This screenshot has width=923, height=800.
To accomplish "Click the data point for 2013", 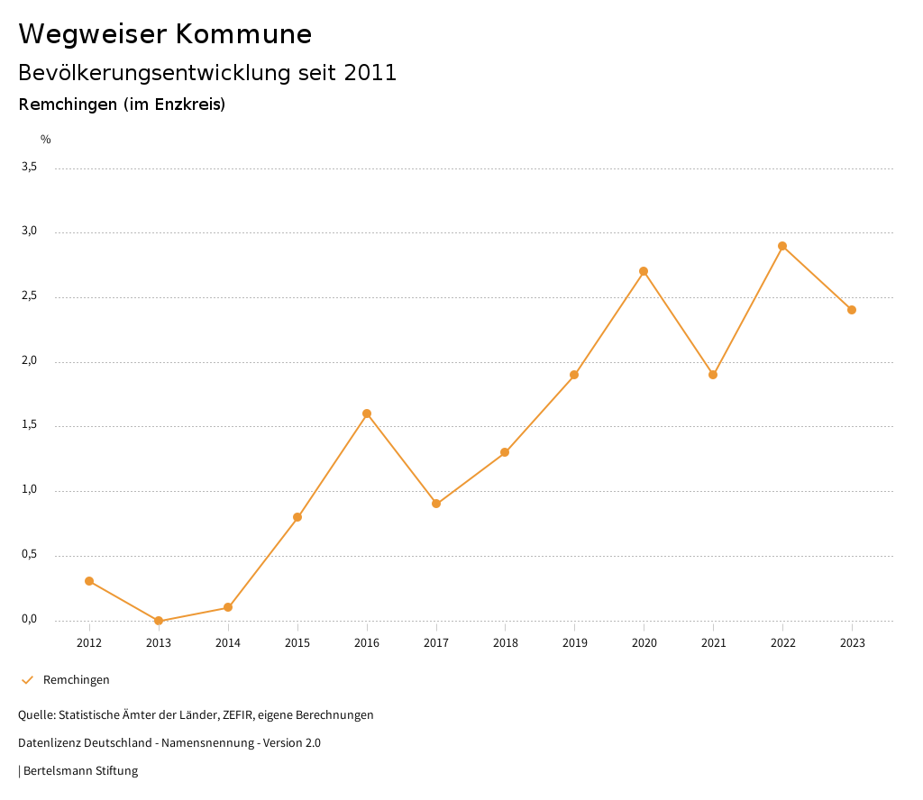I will (x=159, y=621).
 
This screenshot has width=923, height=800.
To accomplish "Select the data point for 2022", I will (x=782, y=246).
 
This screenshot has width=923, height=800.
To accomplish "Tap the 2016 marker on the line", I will (x=367, y=414).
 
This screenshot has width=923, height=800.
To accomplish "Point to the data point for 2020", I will (x=644, y=271).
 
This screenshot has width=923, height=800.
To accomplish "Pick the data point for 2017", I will (x=436, y=504).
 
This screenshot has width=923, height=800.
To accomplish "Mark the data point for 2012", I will (x=89, y=581).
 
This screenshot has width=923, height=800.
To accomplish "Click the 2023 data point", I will (x=852, y=310).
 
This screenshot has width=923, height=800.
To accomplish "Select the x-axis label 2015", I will (x=297, y=643).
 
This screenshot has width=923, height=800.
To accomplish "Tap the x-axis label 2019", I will (x=574, y=643).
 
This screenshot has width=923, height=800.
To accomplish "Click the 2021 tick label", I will (x=713, y=643).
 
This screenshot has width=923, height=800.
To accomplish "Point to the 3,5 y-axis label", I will (x=30, y=167).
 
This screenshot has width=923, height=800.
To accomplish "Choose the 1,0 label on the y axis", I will (x=30, y=490).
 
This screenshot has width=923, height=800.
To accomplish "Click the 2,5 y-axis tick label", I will (x=30, y=296).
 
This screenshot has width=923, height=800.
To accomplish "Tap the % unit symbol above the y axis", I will (x=46, y=140).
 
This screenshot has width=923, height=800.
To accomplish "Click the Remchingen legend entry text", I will (x=77, y=680).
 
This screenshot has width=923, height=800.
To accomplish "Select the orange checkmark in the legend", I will (x=27, y=680).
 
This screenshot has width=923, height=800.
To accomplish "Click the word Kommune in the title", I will (x=243, y=34).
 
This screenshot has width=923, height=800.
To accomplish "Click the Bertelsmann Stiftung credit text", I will (x=80, y=771).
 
